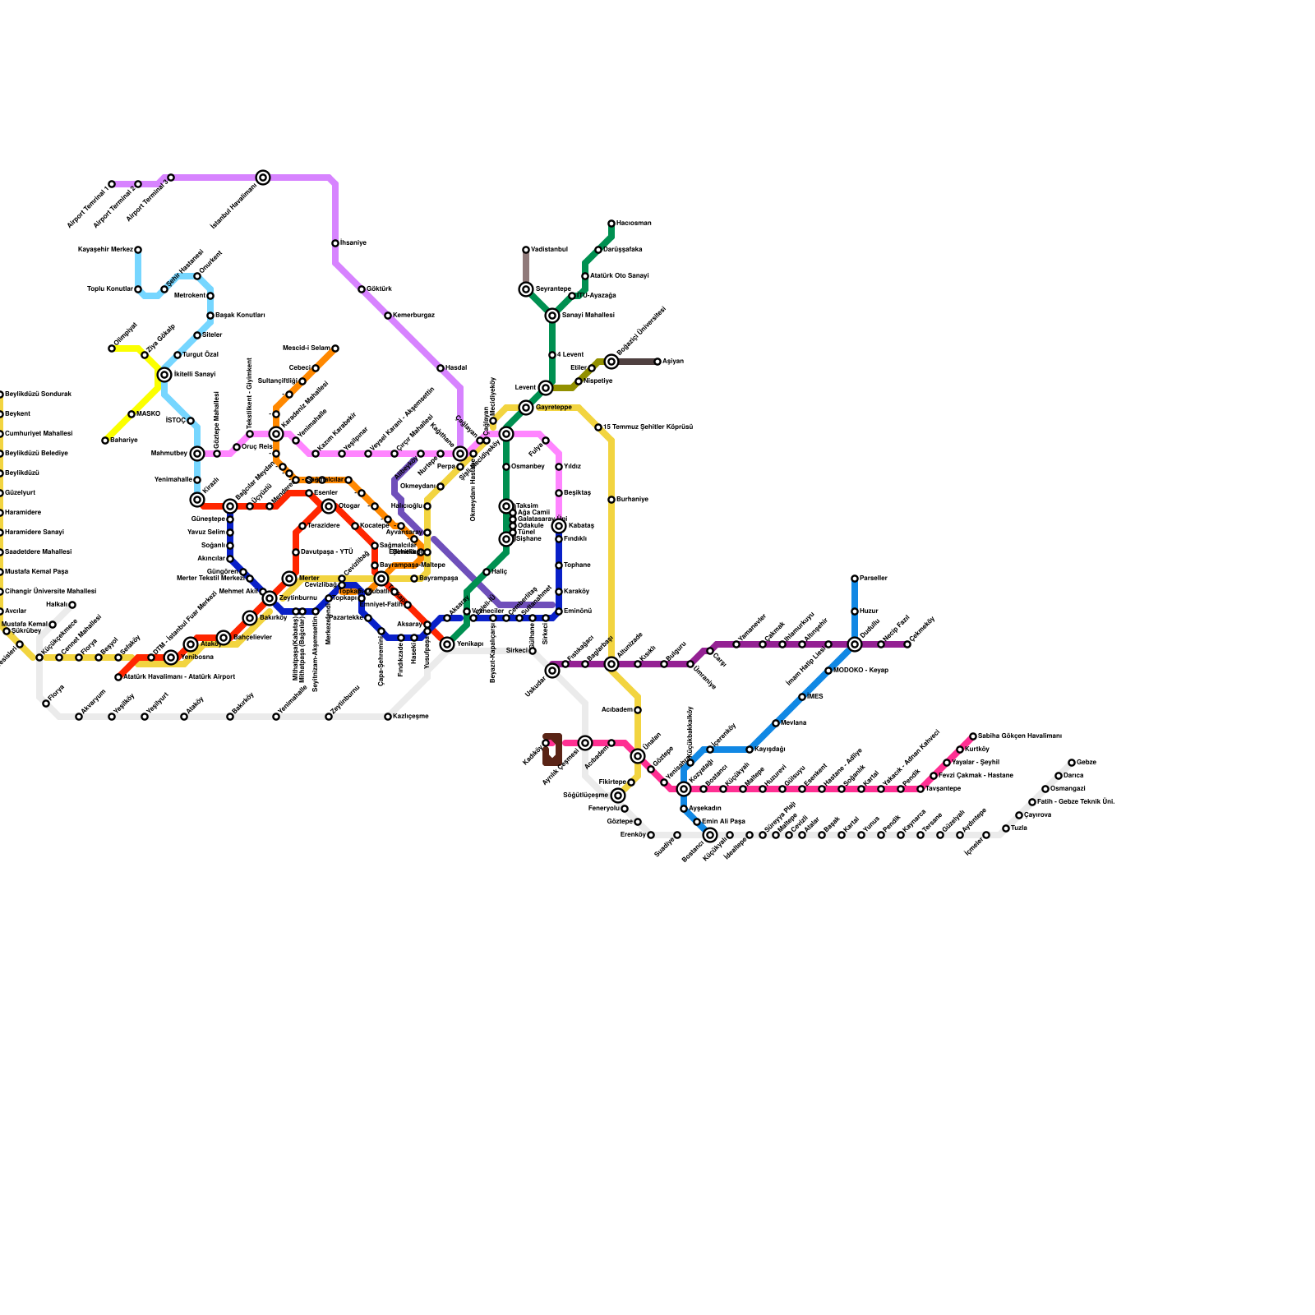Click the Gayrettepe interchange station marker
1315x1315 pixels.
click(526, 408)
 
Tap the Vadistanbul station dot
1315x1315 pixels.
click(526, 250)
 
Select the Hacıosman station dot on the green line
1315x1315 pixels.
click(611, 224)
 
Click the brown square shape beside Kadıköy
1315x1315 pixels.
click(552, 750)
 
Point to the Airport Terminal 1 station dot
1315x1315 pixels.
click(112, 184)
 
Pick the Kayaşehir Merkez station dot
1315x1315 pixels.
click(138, 250)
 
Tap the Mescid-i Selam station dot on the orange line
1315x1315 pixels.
click(335, 348)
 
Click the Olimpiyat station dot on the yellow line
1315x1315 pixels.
click(112, 348)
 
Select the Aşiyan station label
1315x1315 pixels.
click(673, 362)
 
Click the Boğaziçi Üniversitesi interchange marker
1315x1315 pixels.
click(611, 362)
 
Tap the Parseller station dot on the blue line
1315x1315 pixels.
click(855, 579)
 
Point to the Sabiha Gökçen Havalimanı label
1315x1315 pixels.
click(1020, 736)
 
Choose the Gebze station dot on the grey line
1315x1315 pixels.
click(1072, 763)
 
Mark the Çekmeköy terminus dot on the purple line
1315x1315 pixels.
click(907, 644)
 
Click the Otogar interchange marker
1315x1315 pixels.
click(329, 506)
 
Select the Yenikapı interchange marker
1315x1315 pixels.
click(447, 644)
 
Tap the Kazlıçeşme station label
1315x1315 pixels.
click(411, 717)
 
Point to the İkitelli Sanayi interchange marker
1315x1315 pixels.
click(164, 375)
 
